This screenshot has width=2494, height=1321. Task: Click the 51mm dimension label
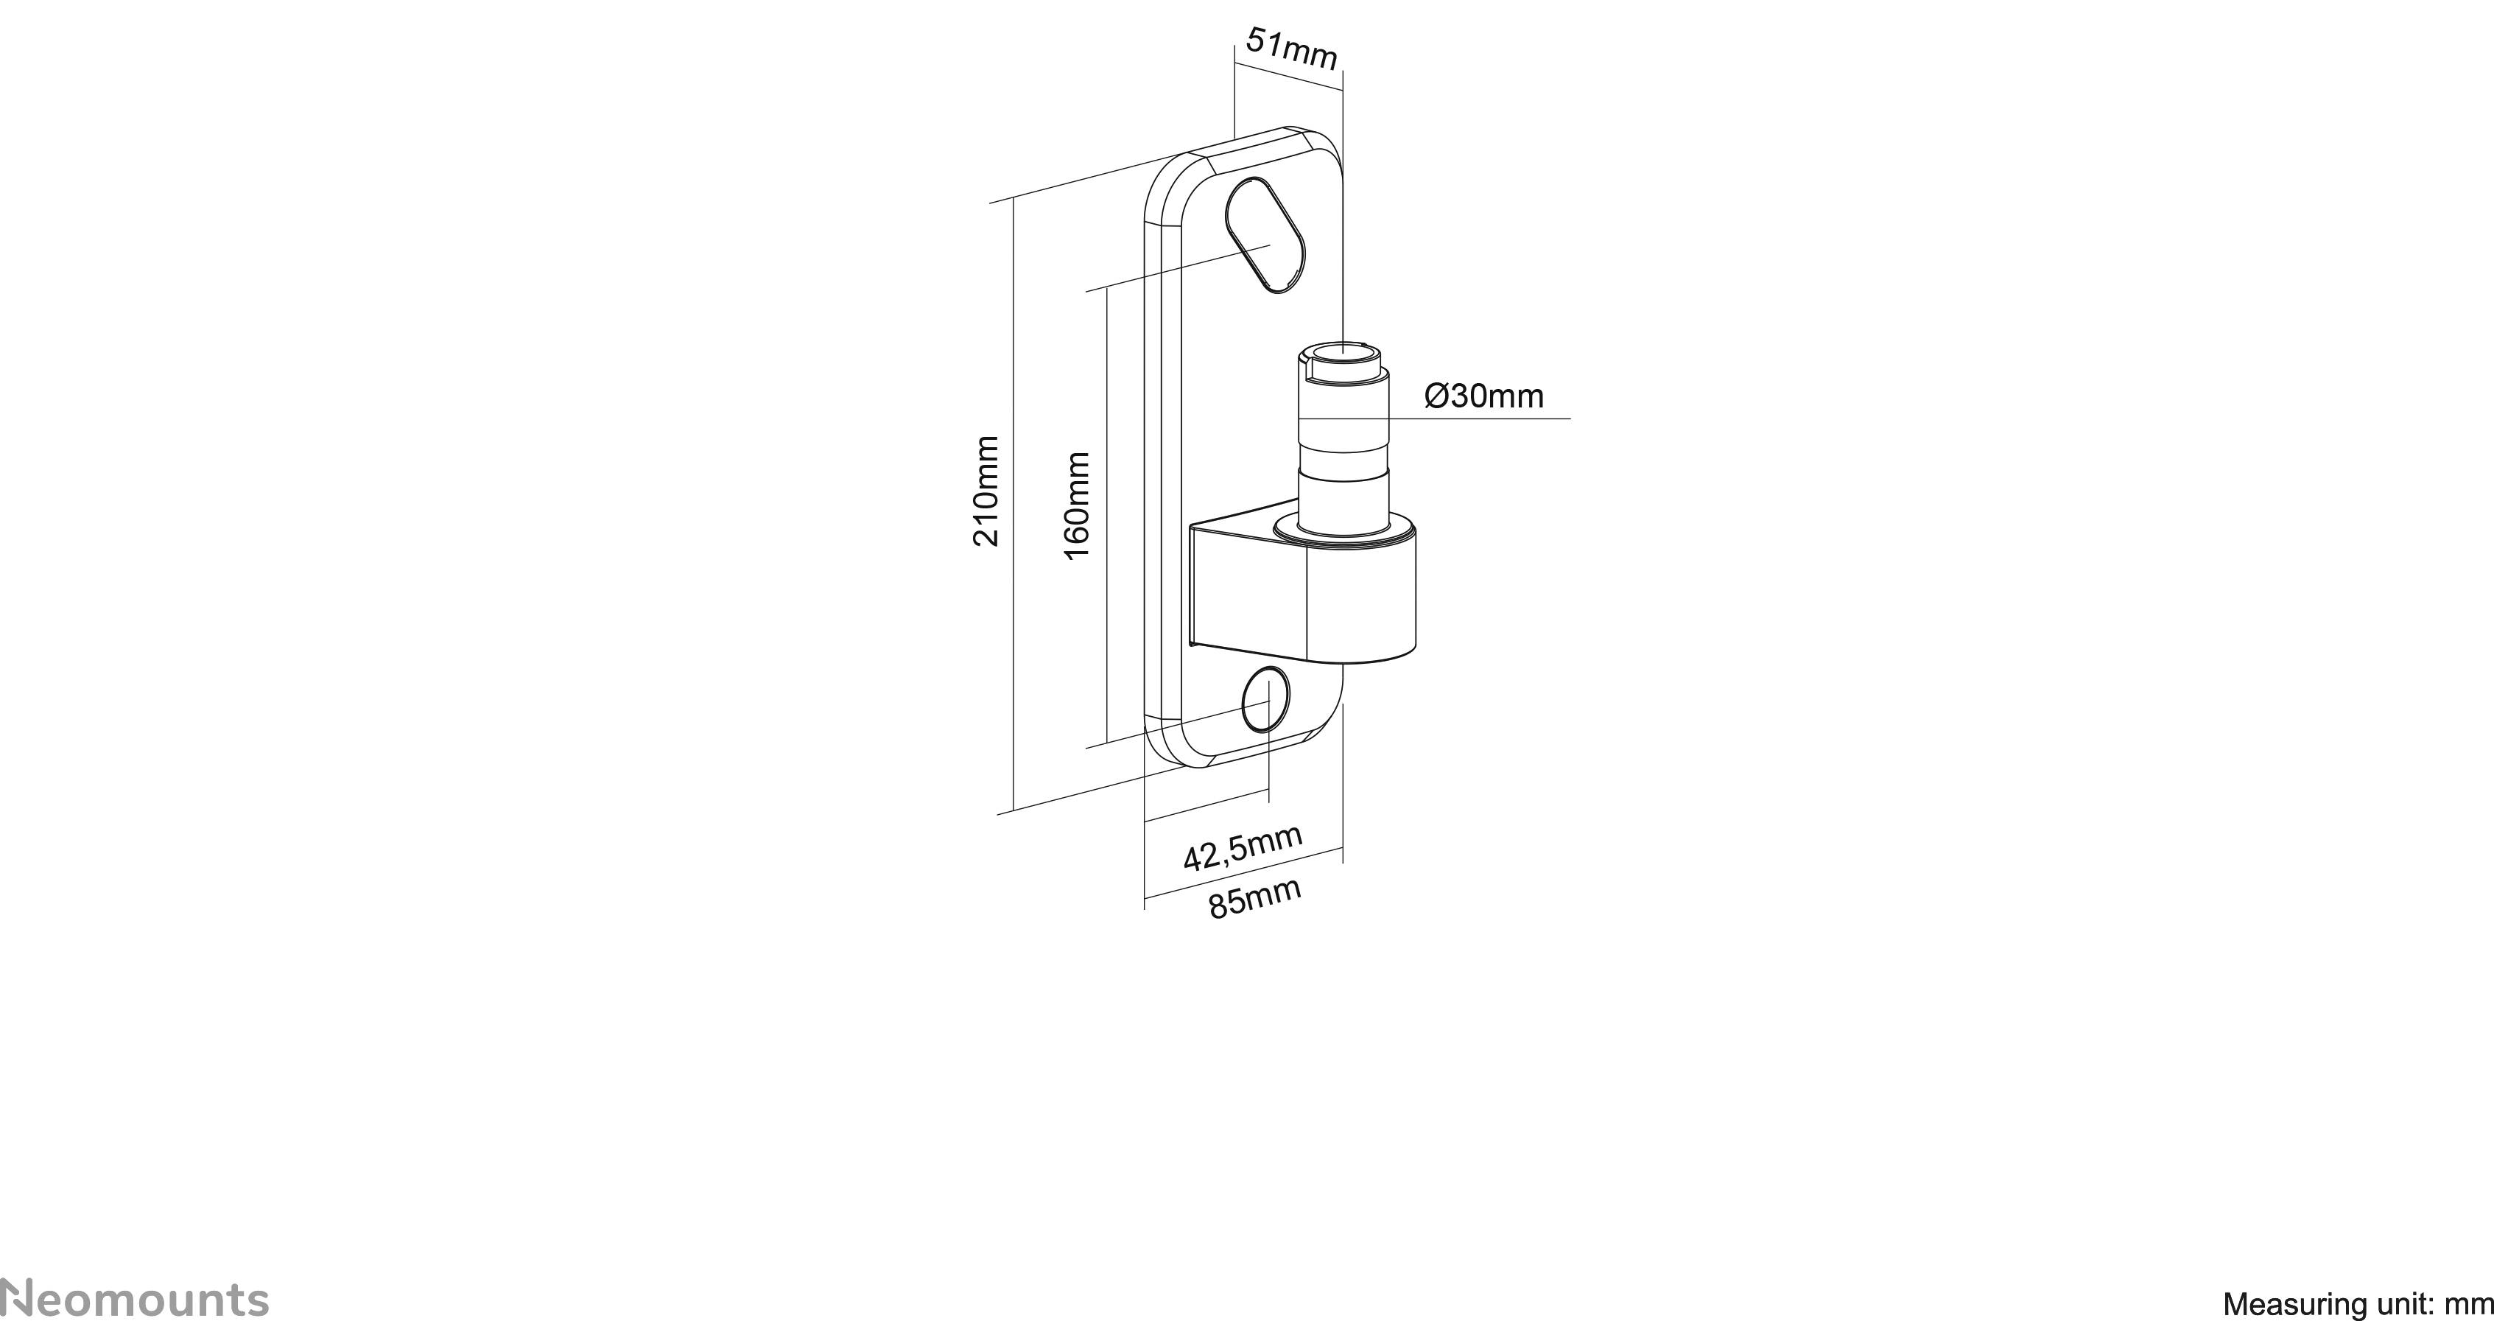point(1291,49)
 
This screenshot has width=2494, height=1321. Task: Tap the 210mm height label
point(986,491)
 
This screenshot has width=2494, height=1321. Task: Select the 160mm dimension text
point(1077,505)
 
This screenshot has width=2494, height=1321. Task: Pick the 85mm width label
point(1255,900)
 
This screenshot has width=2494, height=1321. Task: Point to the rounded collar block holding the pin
point(1360,600)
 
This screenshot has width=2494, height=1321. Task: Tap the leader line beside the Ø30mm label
point(1491,418)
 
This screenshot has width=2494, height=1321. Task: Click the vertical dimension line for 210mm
point(1013,504)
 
